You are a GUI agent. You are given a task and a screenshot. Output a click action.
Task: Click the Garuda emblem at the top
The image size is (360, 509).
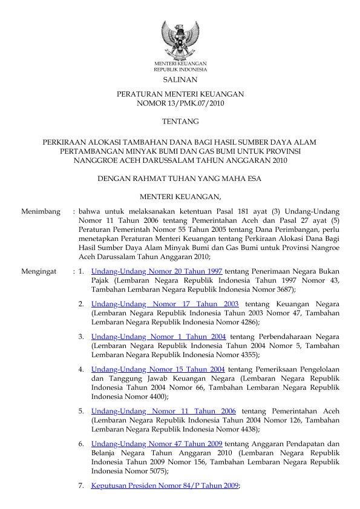[180, 39]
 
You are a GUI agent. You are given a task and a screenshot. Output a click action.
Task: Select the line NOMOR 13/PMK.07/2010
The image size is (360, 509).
[180, 104]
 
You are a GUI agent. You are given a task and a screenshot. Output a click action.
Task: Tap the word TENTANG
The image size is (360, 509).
[180, 122]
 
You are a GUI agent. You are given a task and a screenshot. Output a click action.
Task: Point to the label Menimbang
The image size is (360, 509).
[41, 212]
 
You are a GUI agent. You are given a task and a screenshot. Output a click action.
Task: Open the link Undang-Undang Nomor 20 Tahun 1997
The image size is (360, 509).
[156, 272]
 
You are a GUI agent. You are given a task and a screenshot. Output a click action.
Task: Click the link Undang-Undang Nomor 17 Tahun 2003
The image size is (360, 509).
[165, 304]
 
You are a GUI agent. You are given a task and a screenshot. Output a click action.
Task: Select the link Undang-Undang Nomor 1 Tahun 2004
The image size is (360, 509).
[159, 336]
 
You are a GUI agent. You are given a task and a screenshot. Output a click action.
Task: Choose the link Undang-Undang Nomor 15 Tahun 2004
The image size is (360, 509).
[158, 368]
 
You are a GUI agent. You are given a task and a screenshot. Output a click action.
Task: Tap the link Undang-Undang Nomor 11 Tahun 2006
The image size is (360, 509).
[163, 411]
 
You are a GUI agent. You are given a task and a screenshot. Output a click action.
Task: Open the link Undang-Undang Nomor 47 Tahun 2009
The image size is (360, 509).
[156, 443]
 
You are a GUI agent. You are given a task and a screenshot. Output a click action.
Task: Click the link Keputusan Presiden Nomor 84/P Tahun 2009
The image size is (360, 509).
[165, 485]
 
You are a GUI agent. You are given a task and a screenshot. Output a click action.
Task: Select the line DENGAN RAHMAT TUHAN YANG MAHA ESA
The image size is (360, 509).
[180, 178]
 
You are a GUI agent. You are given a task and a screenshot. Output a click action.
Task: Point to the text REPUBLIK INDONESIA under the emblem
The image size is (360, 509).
[180, 70]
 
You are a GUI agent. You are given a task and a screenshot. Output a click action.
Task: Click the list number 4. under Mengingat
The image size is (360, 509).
[81, 368]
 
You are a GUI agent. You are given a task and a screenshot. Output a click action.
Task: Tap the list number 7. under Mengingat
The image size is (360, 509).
[81, 485]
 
